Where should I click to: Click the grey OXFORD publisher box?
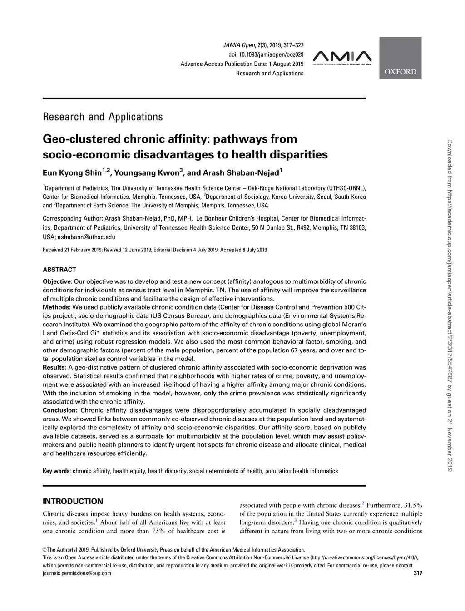click(400, 58)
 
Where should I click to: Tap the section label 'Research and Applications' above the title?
click(103, 117)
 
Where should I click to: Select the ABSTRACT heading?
click(59, 269)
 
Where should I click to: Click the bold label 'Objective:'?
click(57, 281)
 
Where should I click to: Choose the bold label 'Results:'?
click(54, 367)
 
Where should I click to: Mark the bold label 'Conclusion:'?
click(60, 410)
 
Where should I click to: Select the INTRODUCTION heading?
click(73, 502)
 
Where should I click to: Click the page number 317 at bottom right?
click(418, 573)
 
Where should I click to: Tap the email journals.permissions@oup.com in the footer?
click(77, 573)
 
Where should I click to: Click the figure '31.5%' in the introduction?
click(413, 505)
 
